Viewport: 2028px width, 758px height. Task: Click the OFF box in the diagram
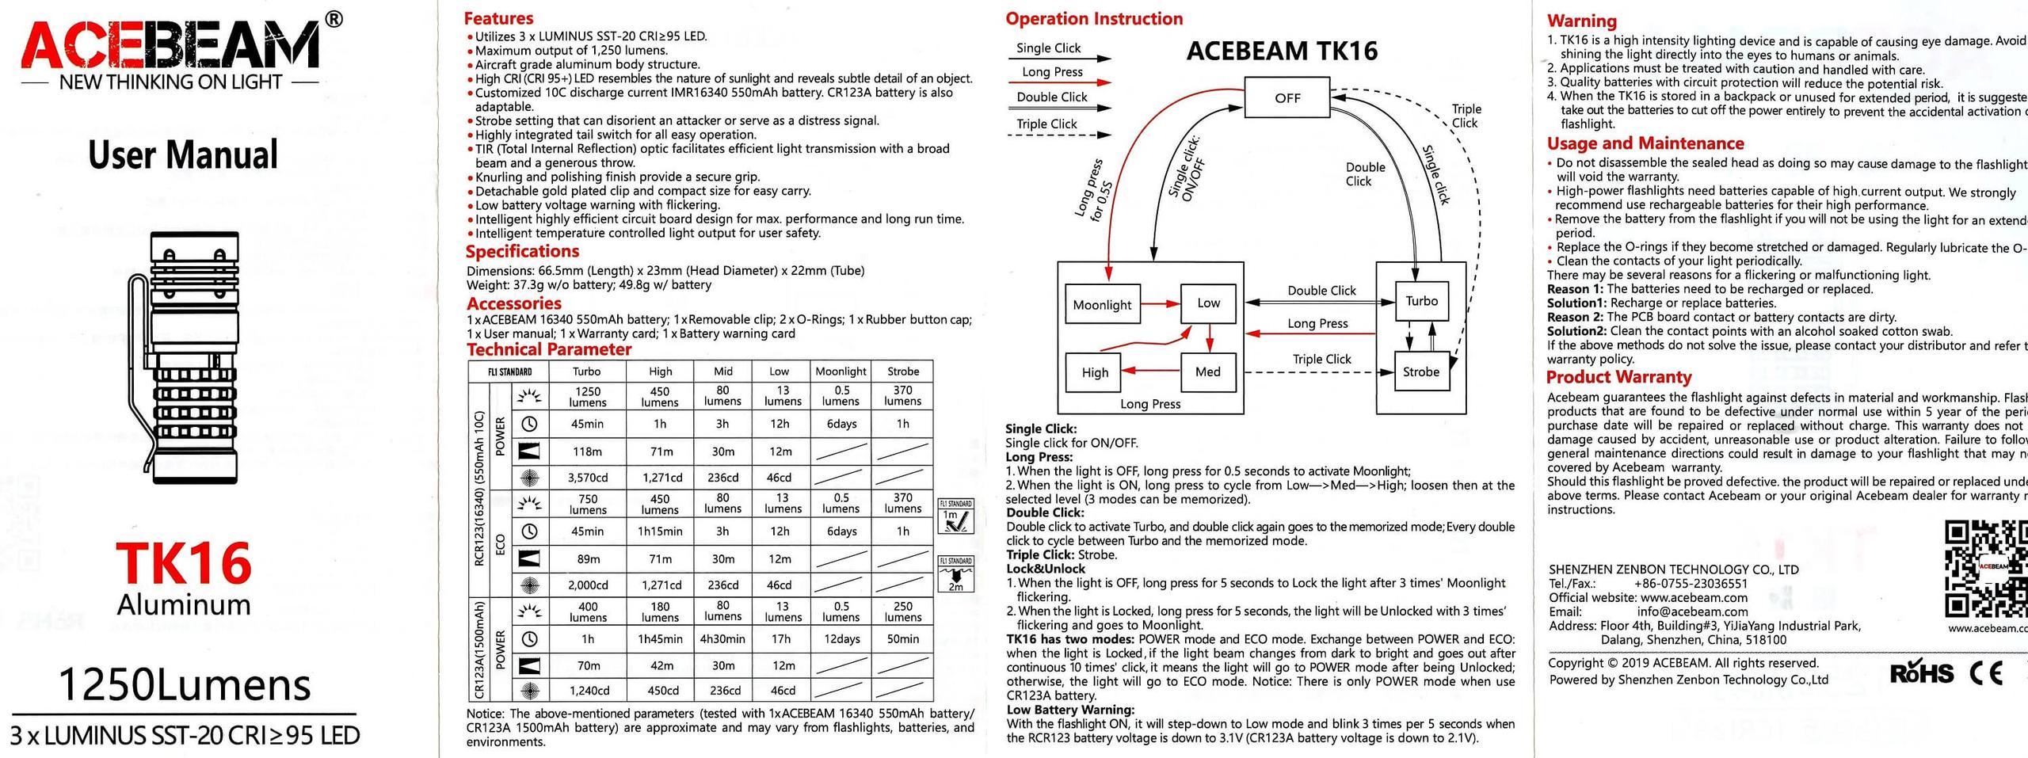point(1287,97)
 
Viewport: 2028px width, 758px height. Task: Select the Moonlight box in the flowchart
point(1102,305)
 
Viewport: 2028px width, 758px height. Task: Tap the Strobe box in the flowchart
point(1420,371)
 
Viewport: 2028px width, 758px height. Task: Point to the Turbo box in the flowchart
point(1421,301)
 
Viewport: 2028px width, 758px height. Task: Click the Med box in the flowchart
point(1207,371)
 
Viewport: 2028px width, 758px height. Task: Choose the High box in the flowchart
point(1095,372)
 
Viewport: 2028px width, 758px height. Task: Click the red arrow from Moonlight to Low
point(1161,303)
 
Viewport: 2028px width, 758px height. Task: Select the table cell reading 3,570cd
point(587,478)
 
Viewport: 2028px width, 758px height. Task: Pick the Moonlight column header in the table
point(841,371)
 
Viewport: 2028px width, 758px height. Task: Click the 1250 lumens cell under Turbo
point(587,396)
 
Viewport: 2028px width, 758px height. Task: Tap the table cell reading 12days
point(841,639)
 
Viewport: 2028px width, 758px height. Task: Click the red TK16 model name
point(184,564)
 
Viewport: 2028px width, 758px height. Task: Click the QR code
point(1984,569)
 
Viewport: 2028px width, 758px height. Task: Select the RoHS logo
point(1921,672)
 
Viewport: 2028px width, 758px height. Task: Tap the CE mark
point(1986,672)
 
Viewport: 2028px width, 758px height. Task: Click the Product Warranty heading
point(1618,377)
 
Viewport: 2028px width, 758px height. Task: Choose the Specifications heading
point(522,251)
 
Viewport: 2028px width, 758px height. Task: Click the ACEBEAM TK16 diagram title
point(1282,51)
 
